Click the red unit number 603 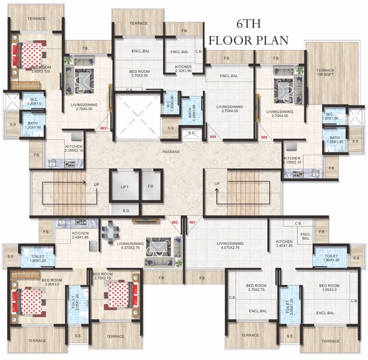104,128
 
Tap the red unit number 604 213,137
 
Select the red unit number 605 265,137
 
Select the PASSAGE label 172,151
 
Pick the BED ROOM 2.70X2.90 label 139,74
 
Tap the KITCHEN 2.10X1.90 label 183,69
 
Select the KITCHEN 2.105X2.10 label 74,148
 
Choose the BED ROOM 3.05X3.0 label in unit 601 329,288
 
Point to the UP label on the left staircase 96,184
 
